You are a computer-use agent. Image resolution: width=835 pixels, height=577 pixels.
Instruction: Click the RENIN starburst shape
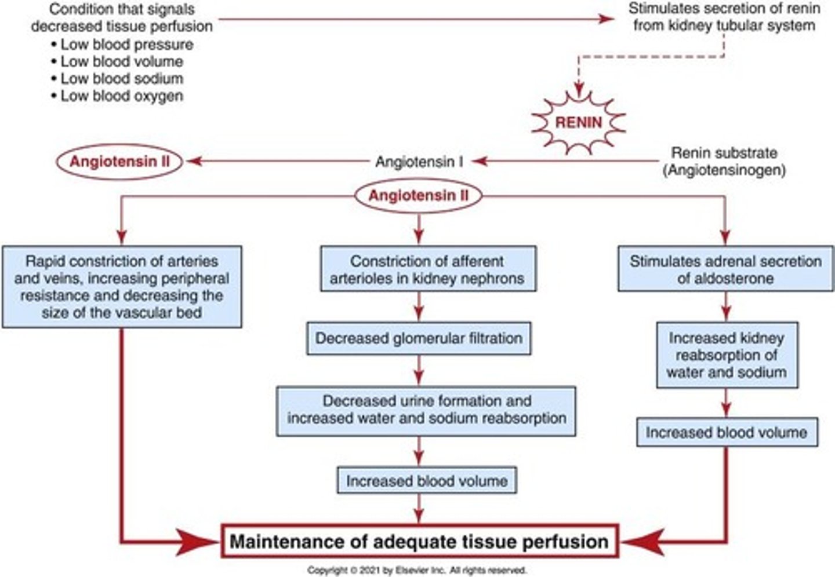pos(578,122)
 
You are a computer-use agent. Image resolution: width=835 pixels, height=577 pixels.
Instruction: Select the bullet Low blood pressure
pos(126,45)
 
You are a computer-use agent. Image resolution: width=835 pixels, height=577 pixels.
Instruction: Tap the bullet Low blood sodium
pos(122,79)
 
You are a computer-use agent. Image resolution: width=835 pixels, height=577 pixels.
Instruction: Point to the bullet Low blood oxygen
pos(122,96)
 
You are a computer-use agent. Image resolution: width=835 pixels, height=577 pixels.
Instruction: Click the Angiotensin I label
pos(419,162)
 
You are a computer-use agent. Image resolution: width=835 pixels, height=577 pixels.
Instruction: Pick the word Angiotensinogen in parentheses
pos(724,170)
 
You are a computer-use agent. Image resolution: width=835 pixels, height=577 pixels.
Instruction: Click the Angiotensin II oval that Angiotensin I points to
pos(120,161)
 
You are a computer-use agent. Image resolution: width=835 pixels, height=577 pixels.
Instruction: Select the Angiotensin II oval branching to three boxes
pos(418,196)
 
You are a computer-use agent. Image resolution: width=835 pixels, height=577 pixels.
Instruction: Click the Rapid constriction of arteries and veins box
pos(122,287)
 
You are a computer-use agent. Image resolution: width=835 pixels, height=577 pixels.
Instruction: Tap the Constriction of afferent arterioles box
pos(427,269)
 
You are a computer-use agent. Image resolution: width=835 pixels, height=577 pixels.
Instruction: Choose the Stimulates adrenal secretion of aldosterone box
pos(725,269)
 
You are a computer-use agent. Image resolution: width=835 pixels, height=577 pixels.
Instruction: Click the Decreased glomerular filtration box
pos(419,338)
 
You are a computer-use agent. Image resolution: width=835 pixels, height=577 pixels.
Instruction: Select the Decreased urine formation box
pos(426,410)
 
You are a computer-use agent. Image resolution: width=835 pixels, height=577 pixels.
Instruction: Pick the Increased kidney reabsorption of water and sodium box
pos(727,355)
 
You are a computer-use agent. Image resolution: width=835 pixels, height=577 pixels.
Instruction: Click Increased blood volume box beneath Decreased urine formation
pos(427,481)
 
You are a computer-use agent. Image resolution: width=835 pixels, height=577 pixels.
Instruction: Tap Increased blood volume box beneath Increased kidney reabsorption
pos(727,433)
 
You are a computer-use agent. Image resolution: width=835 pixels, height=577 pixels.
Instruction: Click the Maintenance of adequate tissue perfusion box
pos(419,542)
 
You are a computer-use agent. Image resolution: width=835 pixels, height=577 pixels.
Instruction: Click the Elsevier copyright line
pos(417,570)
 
